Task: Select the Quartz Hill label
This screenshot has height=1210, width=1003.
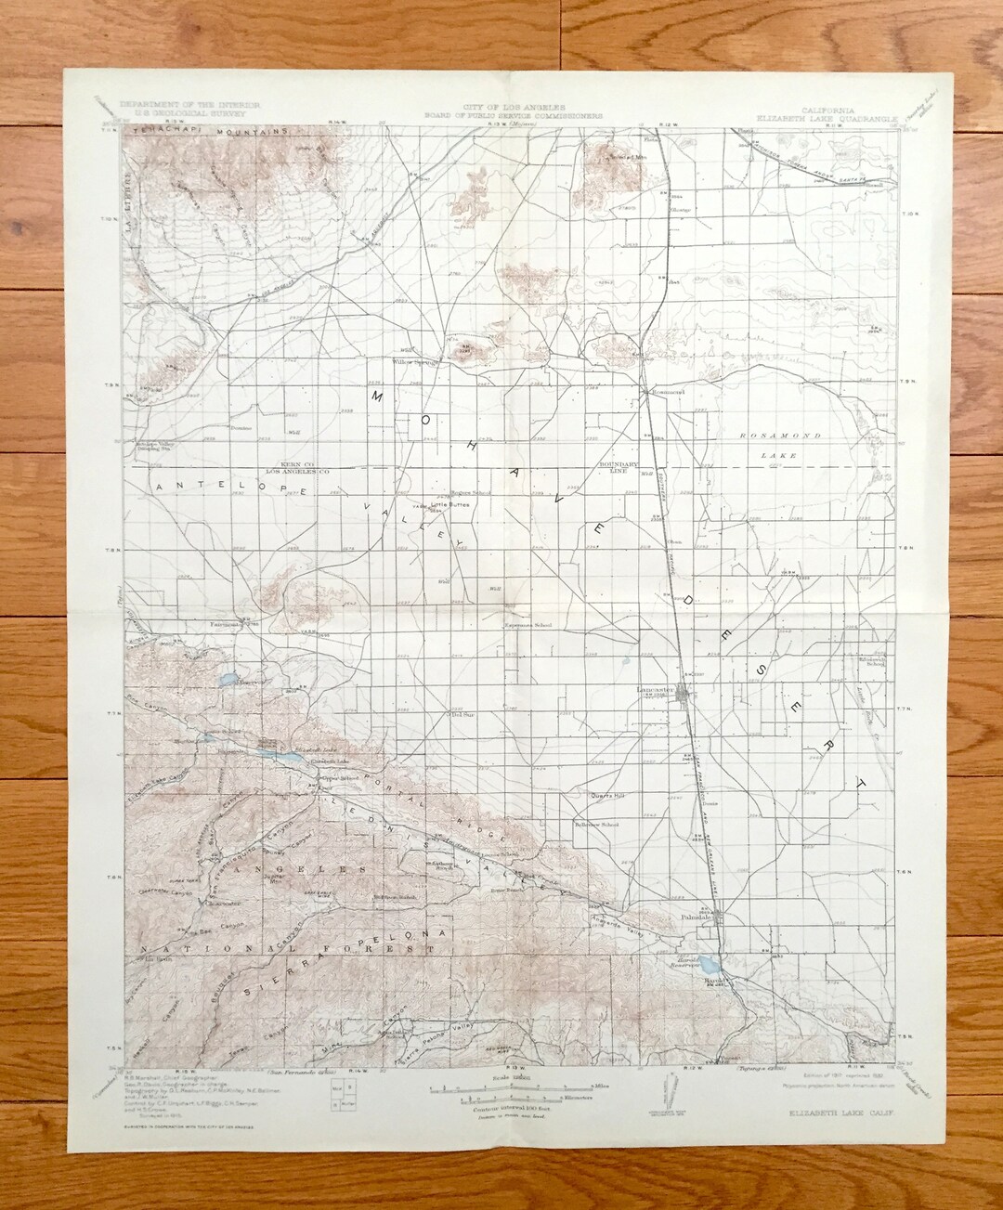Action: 608,796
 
